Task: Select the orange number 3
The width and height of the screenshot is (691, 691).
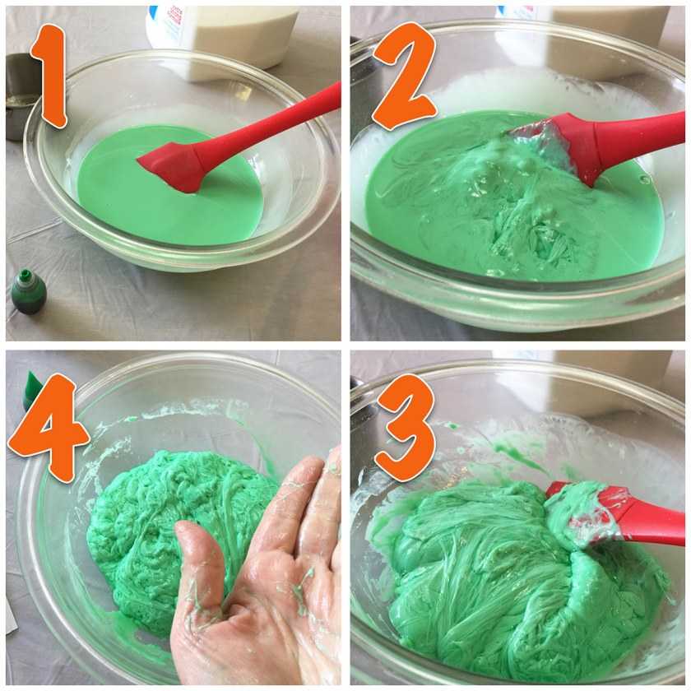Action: point(406,428)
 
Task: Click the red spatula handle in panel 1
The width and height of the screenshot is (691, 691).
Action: point(269,123)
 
